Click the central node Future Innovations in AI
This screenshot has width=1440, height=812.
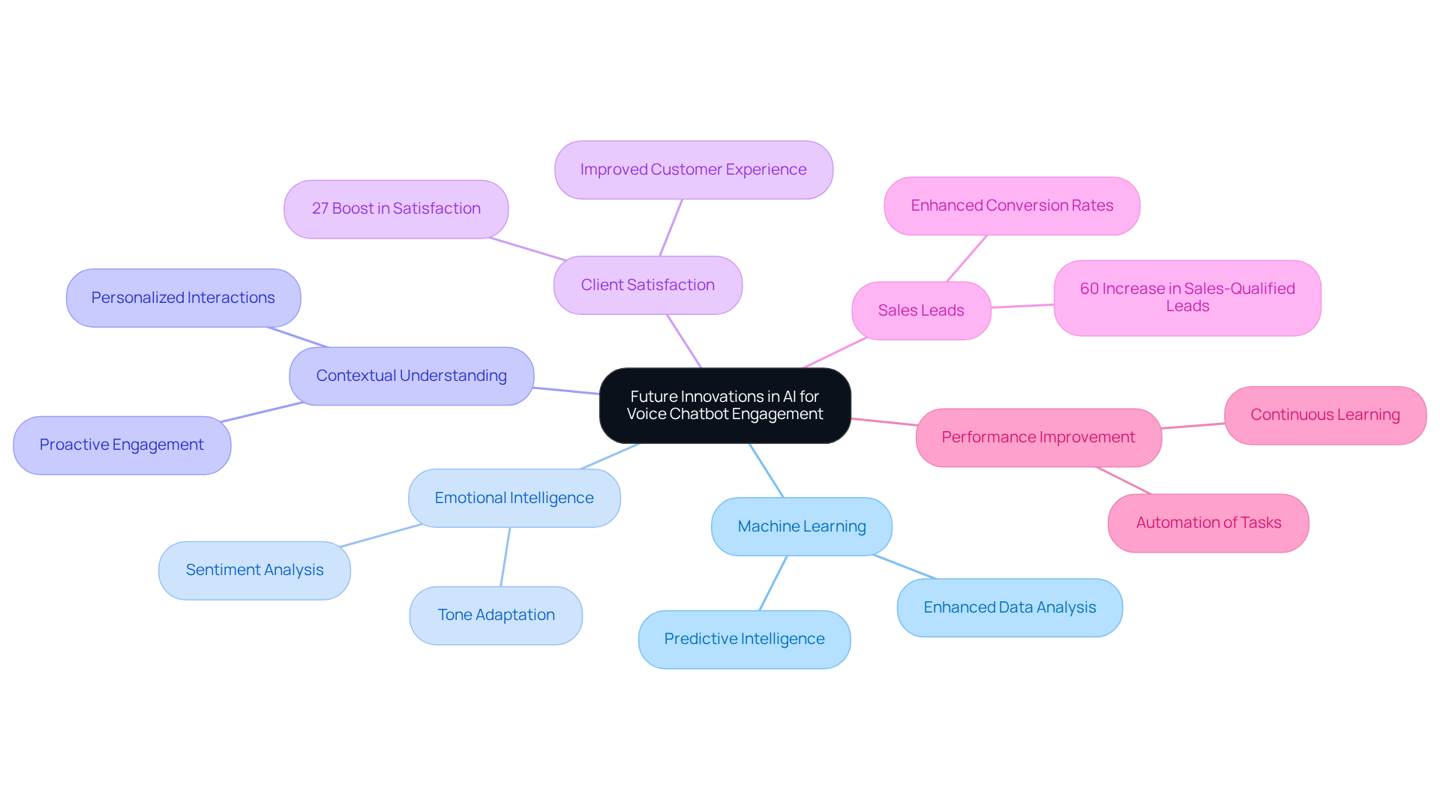[x=724, y=406]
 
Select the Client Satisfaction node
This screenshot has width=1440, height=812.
[x=647, y=285]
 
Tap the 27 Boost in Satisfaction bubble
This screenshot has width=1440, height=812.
[x=396, y=209]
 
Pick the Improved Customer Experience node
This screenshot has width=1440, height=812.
[x=693, y=170]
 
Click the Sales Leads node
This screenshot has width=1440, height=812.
[x=921, y=310]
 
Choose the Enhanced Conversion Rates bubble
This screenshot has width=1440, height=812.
[x=1012, y=206]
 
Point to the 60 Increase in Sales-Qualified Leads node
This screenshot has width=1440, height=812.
[x=1186, y=298]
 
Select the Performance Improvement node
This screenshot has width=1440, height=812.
[x=1038, y=438]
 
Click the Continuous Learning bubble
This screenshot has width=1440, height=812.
[x=1324, y=415]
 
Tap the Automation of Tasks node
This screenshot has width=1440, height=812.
[x=1207, y=523]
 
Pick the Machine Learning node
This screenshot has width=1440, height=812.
[x=801, y=527]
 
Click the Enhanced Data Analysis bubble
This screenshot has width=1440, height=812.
[x=1009, y=608]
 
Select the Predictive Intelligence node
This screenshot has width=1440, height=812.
[x=744, y=640]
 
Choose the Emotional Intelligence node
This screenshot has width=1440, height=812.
[x=514, y=499]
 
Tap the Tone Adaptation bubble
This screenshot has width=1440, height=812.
[x=496, y=616]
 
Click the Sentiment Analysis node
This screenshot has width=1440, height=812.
[x=254, y=571]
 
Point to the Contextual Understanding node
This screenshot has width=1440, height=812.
[x=411, y=376]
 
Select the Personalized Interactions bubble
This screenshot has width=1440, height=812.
[x=183, y=298]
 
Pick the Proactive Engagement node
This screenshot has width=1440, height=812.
[x=121, y=445]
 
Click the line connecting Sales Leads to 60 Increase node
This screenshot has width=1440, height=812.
[x=1022, y=306]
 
